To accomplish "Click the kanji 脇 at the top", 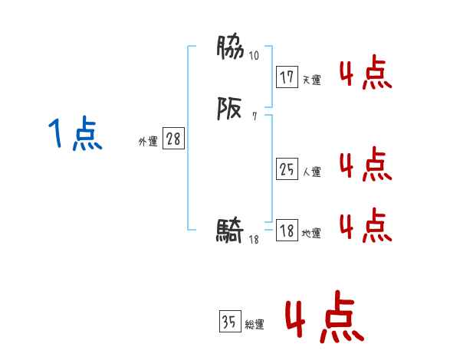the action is tap(230, 48).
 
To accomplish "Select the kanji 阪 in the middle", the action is tap(230, 110).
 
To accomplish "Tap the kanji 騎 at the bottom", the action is tap(230, 230).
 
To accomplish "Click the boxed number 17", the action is tap(287, 77).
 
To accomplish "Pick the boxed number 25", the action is tap(287, 169).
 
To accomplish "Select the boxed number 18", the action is tap(287, 231).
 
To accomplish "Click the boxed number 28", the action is tap(173, 139).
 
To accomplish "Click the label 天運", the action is tap(311, 80).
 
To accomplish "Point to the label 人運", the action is tap(311, 172).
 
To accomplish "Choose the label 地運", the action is tap(311, 234).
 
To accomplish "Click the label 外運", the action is tap(148, 142).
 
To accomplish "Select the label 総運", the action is tap(255, 325).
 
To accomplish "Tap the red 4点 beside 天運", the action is tap(366, 74).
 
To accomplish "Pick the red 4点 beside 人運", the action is tap(366, 165).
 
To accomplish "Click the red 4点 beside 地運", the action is tap(366, 225).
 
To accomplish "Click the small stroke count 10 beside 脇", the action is tap(255, 56).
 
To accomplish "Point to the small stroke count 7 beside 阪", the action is tap(254, 117).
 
